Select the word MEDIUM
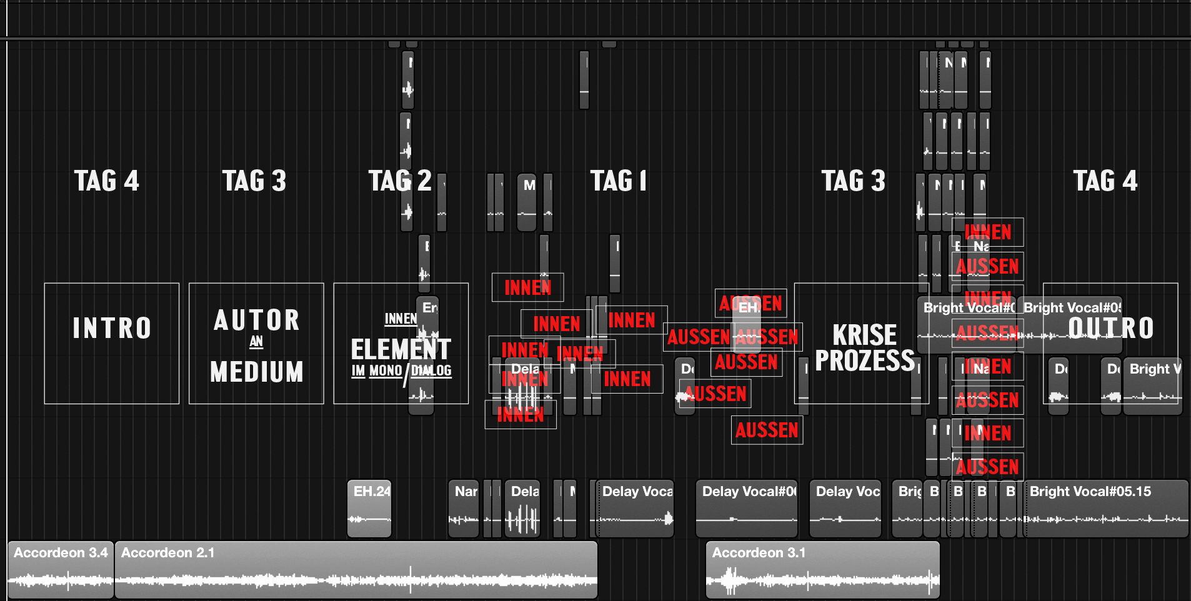[x=257, y=372]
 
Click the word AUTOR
[x=257, y=320]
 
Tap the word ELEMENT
[x=401, y=349]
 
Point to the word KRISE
[x=864, y=335]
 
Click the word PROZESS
[x=865, y=361]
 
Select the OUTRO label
[x=1110, y=329]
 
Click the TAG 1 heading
[x=619, y=181]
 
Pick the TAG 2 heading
[x=400, y=181]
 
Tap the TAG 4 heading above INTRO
[x=107, y=181]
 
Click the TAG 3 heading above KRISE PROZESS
[x=854, y=181]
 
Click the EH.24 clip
[x=369, y=509]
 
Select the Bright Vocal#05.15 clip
[x=1105, y=509]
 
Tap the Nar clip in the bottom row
[x=464, y=509]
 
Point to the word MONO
[x=386, y=371]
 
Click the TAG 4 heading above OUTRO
[x=1105, y=181]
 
